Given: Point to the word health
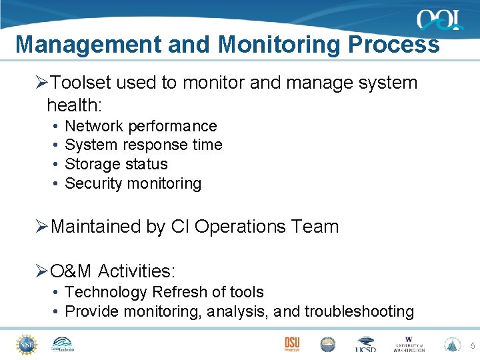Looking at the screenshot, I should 72,104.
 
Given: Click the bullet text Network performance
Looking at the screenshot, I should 141,126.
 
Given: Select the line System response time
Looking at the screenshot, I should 143,145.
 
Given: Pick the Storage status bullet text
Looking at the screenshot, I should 116,164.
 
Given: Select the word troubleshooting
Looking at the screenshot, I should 359,311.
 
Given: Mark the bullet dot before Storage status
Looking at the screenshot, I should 54,164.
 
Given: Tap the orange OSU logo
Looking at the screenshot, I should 291,343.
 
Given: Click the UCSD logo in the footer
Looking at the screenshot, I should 365,344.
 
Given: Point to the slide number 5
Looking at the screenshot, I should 473,345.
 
